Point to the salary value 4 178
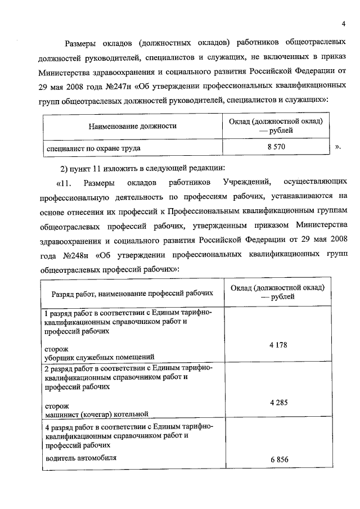pos(278,345)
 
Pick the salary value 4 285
pos(278,403)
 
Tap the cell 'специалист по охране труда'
pos(93,148)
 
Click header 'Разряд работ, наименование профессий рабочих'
pos(133,293)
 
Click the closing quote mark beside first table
pos(338,148)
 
